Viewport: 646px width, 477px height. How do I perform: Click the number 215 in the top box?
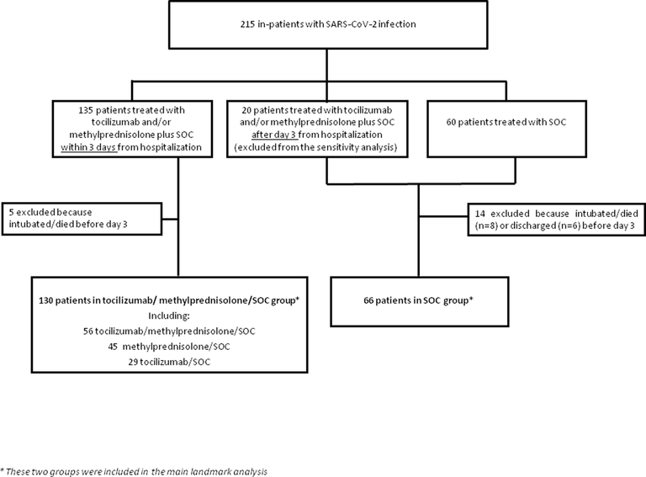(x=248, y=24)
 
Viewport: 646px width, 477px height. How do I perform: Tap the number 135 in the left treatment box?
(x=86, y=110)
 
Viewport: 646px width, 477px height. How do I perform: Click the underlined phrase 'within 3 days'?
(x=89, y=147)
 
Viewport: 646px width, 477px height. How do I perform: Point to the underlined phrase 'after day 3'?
(x=274, y=135)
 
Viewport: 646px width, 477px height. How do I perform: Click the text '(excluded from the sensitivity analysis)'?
(x=315, y=147)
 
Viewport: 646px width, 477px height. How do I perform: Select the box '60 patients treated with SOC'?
(x=506, y=129)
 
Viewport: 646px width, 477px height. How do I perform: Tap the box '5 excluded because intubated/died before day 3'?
(x=82, y=219)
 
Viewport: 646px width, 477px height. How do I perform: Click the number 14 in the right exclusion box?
(x=479, y=214)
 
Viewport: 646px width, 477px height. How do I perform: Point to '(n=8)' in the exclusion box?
(x=486, y=225)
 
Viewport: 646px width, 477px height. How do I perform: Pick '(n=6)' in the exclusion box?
(x=569, y=225)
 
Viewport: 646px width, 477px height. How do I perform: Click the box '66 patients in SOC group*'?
(x=420, y=302)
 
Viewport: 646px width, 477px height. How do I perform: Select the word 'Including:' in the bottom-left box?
(x=169, y=316)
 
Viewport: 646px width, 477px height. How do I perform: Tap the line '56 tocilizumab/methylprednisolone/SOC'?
(x=169, y=331)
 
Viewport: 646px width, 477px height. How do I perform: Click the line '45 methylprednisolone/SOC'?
(x=169, y=347)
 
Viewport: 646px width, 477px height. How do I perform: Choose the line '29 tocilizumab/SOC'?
(x=169, y=362)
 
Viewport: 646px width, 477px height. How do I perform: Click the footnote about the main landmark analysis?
(x=134, y=472)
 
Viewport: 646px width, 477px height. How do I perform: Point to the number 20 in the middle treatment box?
(x=246, y=110)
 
